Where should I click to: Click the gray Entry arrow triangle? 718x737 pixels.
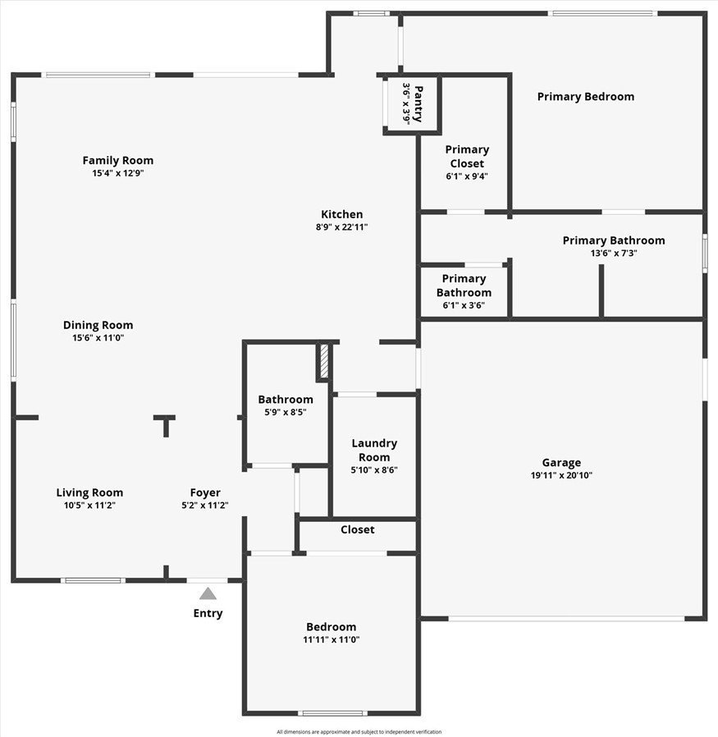point(208,593)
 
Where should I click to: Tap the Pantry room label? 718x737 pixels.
point(418,104)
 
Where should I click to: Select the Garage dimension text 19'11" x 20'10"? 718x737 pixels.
point(561,475)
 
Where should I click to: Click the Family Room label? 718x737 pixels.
point(118,160)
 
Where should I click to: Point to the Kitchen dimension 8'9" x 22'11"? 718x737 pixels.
point(341,227)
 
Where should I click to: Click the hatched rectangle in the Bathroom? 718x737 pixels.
point(324,361)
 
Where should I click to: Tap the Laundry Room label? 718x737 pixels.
point(374,450)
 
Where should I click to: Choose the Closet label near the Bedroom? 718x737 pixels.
point(358,529)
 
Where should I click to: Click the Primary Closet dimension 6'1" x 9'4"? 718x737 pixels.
point(467,176)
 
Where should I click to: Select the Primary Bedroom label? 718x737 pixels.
point(586,96)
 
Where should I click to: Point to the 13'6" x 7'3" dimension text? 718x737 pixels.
point(614,254)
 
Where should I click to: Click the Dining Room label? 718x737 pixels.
point(98,325)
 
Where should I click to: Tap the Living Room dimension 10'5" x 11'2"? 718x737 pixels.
point(89,506)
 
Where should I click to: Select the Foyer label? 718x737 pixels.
point(205,492)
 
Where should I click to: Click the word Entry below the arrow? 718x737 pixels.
point(208,613)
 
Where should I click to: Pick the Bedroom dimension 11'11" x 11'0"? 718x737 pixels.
point(332,639)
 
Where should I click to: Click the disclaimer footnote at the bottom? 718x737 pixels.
point(359,732)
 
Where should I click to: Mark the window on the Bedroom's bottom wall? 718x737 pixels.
point(332,713)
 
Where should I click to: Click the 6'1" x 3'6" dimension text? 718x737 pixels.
point(464,305)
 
